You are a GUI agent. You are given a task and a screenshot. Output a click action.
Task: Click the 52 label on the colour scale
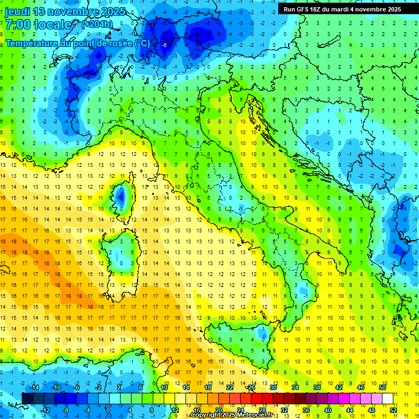tap(392, 410)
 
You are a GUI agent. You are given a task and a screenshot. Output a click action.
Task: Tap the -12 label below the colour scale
tap(45, 410)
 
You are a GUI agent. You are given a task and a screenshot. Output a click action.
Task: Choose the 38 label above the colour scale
tap(316, 387)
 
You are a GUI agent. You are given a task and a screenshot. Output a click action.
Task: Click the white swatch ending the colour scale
tap(387, 398)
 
